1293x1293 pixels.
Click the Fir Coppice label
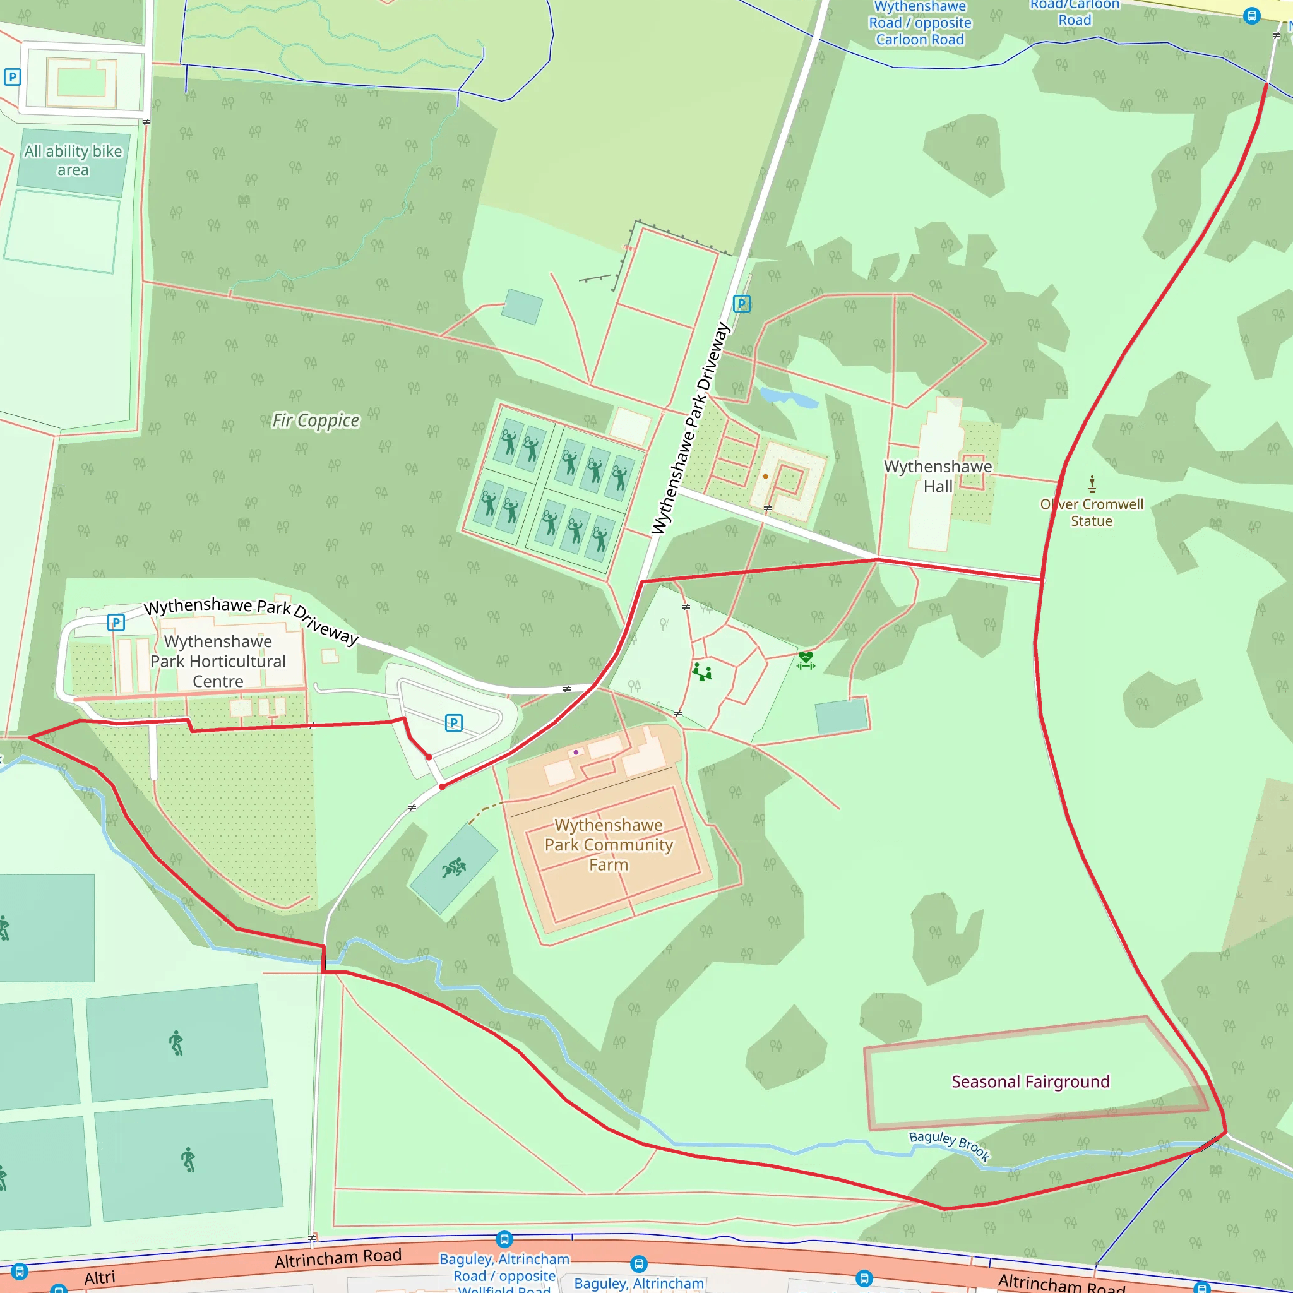315,420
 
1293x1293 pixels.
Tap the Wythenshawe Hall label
938,477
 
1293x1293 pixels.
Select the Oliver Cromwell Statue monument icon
1092,484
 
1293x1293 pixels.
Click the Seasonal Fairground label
1030,1081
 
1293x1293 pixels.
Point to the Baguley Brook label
949,1145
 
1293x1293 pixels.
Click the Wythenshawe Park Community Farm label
609,845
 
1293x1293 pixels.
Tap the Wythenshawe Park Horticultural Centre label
218,661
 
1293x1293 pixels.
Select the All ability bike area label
73,160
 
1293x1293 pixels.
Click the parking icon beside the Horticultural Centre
116,623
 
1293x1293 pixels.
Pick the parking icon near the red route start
454,723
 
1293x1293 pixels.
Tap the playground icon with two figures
701,672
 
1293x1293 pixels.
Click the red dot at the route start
428,757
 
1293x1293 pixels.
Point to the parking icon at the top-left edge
12,77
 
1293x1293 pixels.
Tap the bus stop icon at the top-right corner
1251,15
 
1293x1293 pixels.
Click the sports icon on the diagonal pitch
454,868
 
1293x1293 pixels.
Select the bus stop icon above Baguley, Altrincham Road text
504,1239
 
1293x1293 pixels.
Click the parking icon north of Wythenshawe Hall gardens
742,304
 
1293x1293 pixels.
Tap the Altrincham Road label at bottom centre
338,1258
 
